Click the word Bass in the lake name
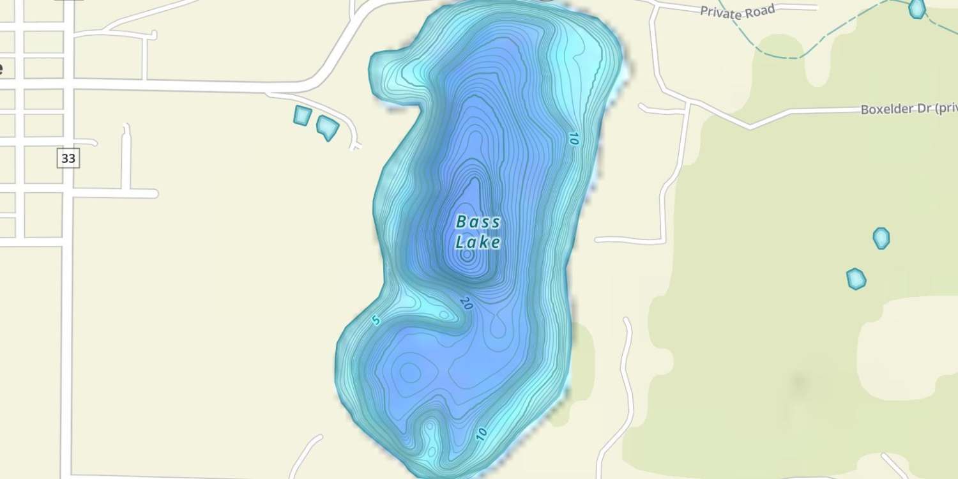478,222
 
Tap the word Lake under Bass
477,243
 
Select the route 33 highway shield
68,158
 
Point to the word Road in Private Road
760,9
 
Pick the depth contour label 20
466,304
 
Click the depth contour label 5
376,320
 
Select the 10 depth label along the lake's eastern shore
572,139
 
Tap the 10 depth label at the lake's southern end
481,434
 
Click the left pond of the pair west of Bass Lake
302,116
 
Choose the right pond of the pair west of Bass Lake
328,127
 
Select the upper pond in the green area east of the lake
881,238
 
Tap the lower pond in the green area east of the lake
856,278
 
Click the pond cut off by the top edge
917,8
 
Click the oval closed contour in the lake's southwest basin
409,371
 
